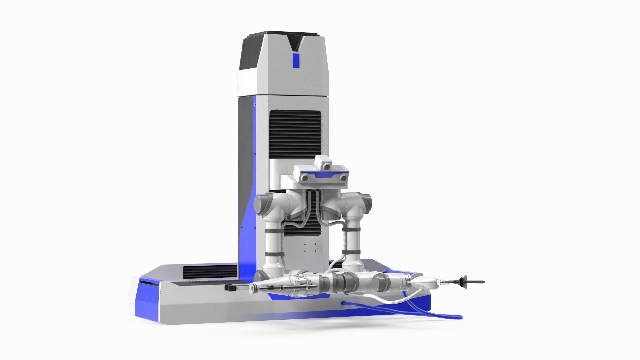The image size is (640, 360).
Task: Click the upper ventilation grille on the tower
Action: [295, 133]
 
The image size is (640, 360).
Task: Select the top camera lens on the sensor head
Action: [327, 165]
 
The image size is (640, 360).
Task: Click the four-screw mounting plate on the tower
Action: [309, 248]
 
